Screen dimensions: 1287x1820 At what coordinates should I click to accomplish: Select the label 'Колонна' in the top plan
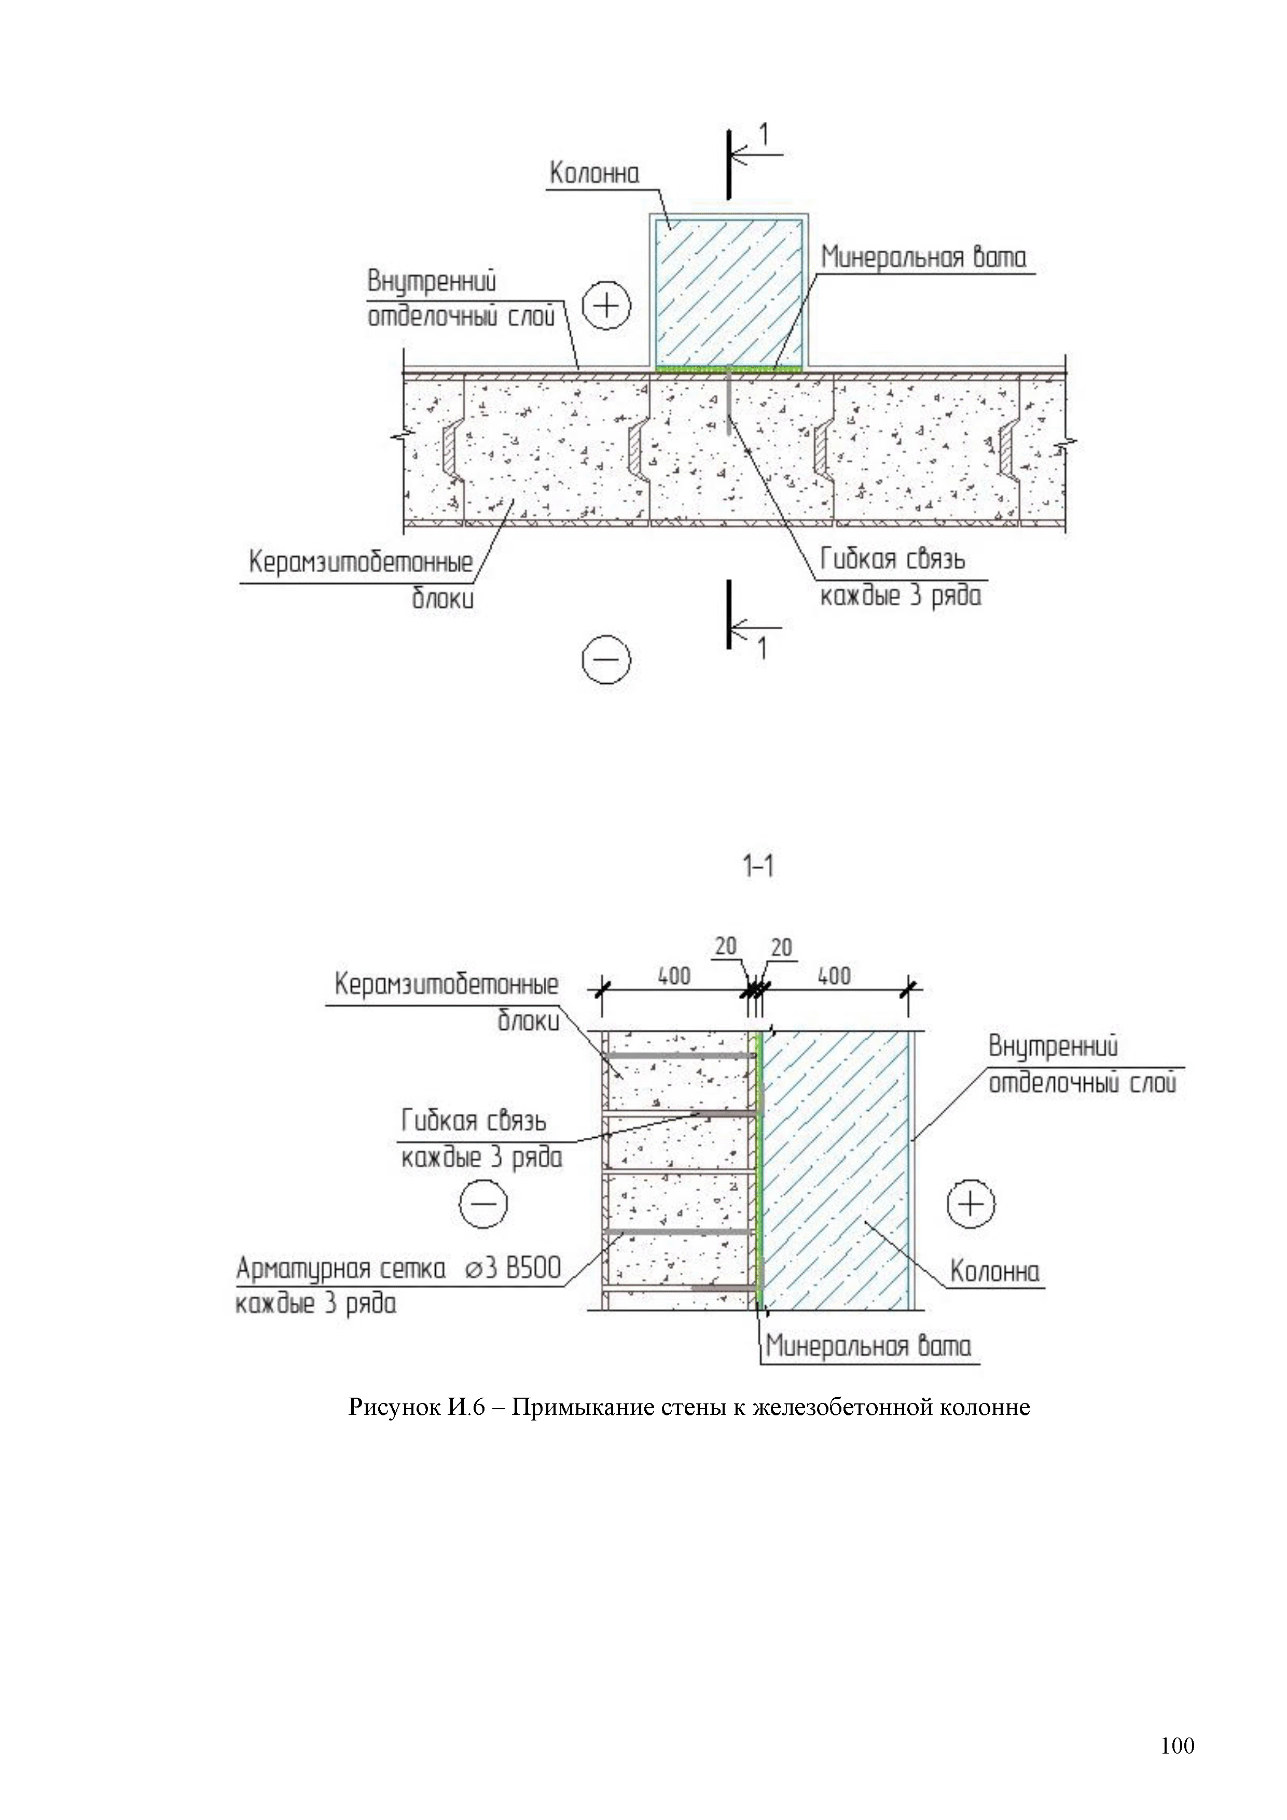click(x=594, y=174)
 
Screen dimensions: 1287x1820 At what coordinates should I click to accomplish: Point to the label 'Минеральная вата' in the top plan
click(x=923, y=258)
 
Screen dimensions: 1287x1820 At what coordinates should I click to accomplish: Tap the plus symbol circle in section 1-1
click(x=971, y=1205)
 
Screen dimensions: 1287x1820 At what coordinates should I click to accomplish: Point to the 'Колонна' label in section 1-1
click(x=994, y=1272)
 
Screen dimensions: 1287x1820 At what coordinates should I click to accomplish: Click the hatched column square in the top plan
click(x=728, y=289)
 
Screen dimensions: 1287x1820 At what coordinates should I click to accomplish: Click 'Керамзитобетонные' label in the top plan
click(x=361, y=563)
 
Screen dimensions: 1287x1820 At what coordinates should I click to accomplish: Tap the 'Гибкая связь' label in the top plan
click(x=892, y=560)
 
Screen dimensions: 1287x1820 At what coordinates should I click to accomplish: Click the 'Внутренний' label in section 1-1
click(x=1053, y=1046)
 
